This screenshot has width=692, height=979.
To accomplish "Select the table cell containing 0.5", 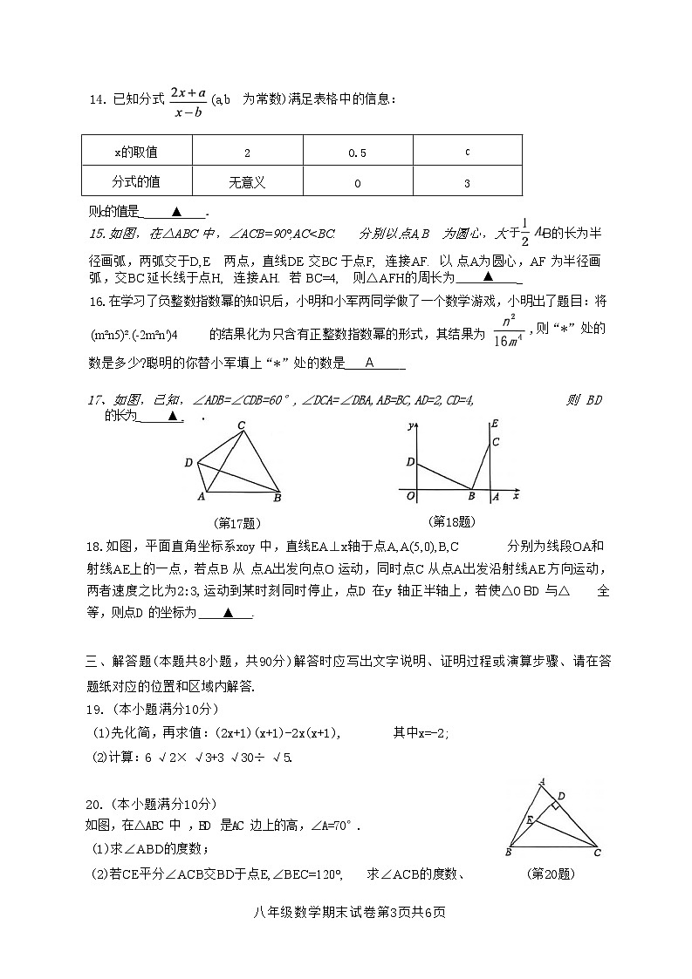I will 357,153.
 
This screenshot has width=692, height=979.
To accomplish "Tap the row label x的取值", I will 136,153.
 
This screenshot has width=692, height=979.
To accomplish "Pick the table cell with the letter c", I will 467,153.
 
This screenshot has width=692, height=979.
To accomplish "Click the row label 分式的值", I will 136,182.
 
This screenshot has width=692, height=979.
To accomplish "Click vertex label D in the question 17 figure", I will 188,463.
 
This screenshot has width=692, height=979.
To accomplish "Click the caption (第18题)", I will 452,521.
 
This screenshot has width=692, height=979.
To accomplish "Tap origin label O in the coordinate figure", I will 410,496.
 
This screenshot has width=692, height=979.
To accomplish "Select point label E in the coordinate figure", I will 495,424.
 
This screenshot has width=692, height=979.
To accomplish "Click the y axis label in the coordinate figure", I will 409,426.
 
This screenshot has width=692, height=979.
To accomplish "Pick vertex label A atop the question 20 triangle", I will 542,781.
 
